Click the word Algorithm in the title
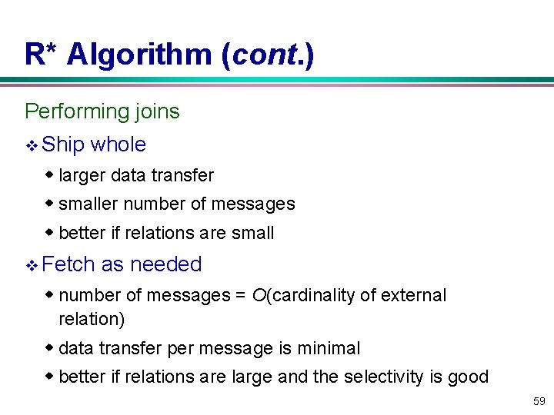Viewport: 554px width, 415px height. [x=139, y=55]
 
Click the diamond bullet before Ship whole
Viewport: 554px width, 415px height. [x=32, y=145]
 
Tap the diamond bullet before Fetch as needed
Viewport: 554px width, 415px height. [x=32, y=265]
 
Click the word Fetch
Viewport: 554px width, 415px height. [x=69, y=264]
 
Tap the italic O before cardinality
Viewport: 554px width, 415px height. [x=258, y=295]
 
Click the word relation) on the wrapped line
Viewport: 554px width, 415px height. [x=92, y=318]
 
